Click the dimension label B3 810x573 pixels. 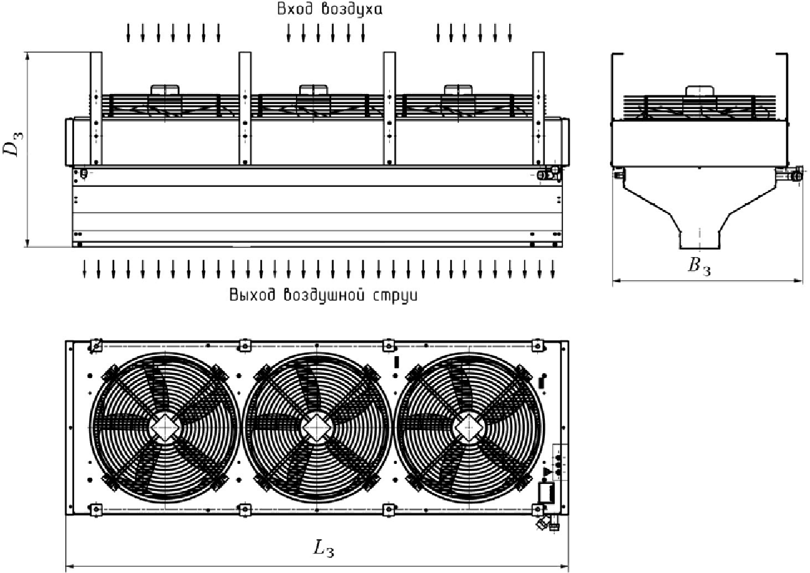tap(699, 267)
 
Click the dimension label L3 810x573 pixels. tap(323, 550)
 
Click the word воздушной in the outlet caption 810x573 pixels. tap(323, 295)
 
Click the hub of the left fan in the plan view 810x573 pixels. tap(165, 428)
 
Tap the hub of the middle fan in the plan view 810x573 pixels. tap(317, 428)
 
